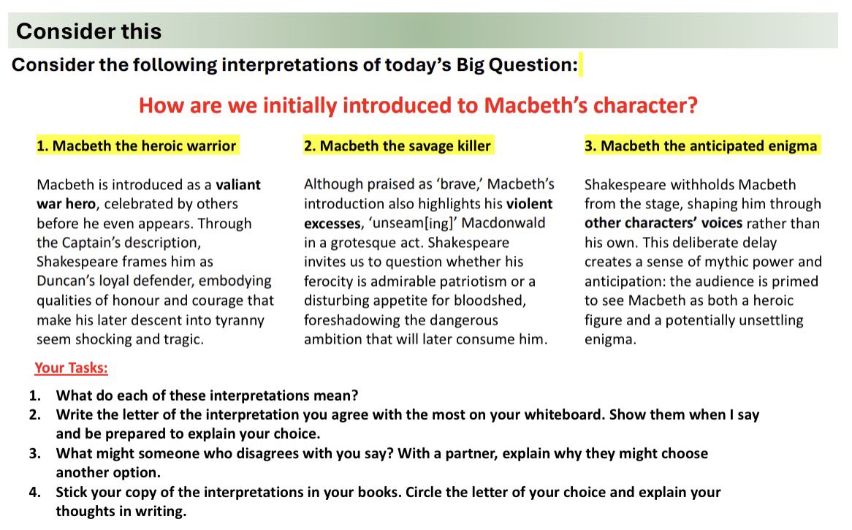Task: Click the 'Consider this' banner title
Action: (x=88, y=31)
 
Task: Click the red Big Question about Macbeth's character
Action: (x=418, y=105)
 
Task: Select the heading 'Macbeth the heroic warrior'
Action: (x=137, y=145)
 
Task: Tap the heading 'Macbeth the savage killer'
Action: (x=398, y=145)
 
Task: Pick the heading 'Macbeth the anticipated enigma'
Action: (x=701, y=145)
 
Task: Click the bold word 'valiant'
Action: (x=238, y=184)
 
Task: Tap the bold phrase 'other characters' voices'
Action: (x=663, y=223)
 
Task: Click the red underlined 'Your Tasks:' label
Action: (x=71, y=367)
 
